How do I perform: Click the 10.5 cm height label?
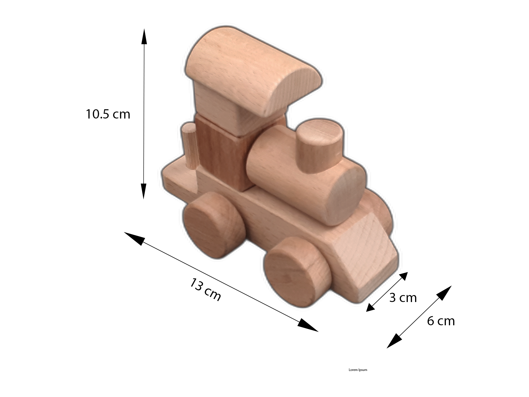108,114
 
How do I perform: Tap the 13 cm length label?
205,289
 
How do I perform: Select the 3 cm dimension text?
403,298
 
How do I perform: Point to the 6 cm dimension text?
441,321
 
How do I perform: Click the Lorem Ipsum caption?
358,370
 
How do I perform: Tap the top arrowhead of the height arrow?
144,36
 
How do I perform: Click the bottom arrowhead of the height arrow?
144,191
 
